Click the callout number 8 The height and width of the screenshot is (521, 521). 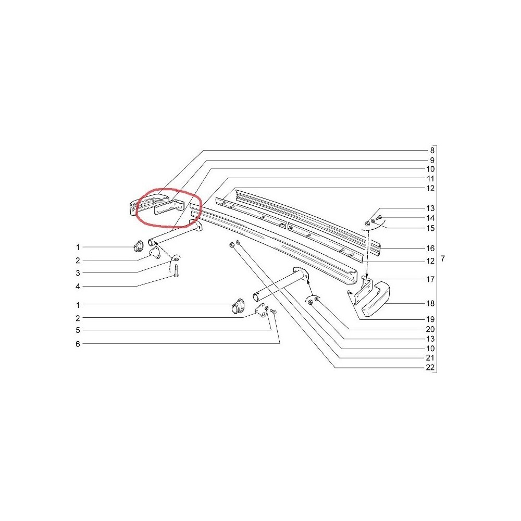(x=432, y=151)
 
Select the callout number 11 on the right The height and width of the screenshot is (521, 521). (x=430, y=179)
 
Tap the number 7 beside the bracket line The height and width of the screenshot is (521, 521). (x=442, y=258)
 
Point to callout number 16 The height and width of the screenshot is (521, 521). (x=430, y=248)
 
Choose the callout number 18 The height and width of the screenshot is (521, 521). (x=430, y=303)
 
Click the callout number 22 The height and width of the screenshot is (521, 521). (x=430, y=367)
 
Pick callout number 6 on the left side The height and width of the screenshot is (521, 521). (x=78, y=344)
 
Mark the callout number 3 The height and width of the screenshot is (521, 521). (x=78, y=273)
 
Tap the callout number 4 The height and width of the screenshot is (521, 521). (x=78, y=287)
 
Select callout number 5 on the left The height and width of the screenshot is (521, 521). (x=78, y=330)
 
